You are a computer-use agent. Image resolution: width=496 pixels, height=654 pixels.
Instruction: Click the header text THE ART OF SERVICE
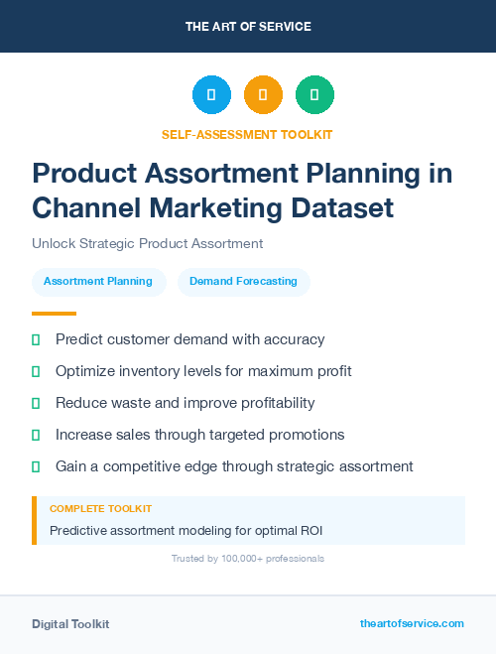pos(247,26)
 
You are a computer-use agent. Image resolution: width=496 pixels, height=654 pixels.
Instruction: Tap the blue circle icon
pos(211,94)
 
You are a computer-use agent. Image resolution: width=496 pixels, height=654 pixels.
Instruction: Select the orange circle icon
pos(263,94)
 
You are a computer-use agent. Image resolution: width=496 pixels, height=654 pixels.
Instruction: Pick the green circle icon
pos(314,94)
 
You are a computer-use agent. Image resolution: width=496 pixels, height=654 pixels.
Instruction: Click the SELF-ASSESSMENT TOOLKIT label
pos(247,134)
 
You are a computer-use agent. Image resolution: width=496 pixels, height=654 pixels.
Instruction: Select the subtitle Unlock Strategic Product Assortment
pos(147,243)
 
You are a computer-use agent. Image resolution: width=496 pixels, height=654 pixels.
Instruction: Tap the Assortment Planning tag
pos(98,281)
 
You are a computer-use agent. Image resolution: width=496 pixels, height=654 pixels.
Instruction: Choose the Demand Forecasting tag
pos(243,281)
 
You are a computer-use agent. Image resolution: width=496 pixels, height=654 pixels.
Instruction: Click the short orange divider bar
pos(40,314)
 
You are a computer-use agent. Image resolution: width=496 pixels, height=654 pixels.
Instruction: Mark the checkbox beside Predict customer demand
pos(36,339)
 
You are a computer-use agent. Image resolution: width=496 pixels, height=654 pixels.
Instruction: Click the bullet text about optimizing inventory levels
pos(203,371)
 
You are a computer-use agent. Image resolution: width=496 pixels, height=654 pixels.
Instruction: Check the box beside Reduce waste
pos(36,403)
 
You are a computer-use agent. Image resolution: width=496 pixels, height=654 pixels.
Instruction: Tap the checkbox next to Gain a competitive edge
pos(36,466)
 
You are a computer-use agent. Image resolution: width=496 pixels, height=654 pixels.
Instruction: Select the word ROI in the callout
pos(310,531)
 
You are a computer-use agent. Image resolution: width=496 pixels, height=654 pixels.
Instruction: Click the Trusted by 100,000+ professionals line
pos(247,559)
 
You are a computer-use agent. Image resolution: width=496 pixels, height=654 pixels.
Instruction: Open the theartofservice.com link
pos(412,623)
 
